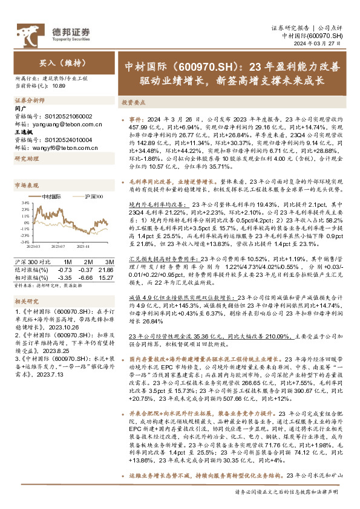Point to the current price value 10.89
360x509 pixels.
[x=59, y=86]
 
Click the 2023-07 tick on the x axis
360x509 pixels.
[x=57, y=247]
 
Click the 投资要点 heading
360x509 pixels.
[x=134, y=103]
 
